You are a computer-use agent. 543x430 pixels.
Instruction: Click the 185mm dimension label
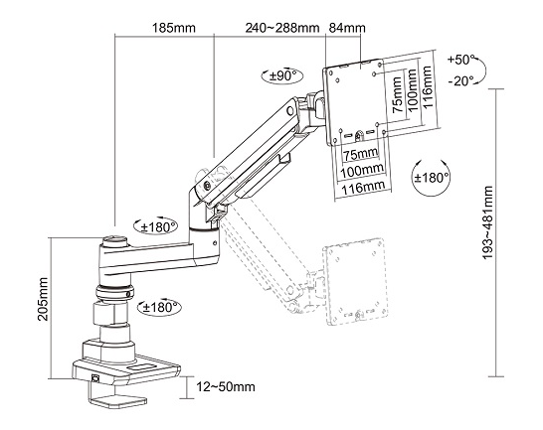[174, 28]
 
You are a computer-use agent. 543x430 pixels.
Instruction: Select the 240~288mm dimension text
[282, 28]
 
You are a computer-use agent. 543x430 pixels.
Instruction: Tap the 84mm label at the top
[347, 28]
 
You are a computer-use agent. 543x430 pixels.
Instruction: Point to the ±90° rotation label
[283, 75]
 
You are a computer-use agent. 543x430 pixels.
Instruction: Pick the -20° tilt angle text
[460, 81]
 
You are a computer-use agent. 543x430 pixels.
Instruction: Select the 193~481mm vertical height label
[487, 222]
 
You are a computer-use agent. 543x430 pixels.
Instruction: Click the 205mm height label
[43, 299]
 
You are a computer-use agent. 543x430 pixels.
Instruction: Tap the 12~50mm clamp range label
[226, 386]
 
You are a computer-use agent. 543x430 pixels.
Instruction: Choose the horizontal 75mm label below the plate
[360, 153]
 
